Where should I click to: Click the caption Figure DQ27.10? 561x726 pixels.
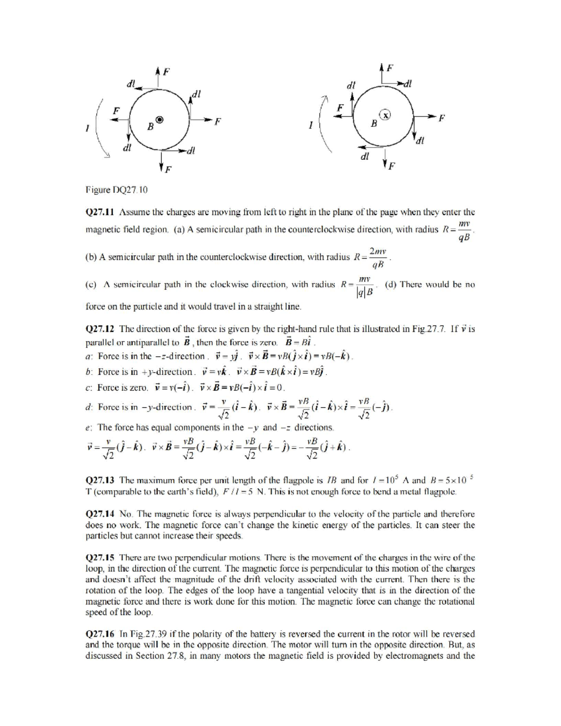point(116,190)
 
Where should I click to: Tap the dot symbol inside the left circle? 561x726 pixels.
point(160,120)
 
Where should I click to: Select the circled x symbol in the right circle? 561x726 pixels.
point(385,115)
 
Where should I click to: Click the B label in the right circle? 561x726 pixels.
point(374,124)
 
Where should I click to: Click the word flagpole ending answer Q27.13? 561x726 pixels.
point(439,491)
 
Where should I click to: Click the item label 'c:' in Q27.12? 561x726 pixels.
point(89,388)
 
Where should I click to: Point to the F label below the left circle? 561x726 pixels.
point(167,169)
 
